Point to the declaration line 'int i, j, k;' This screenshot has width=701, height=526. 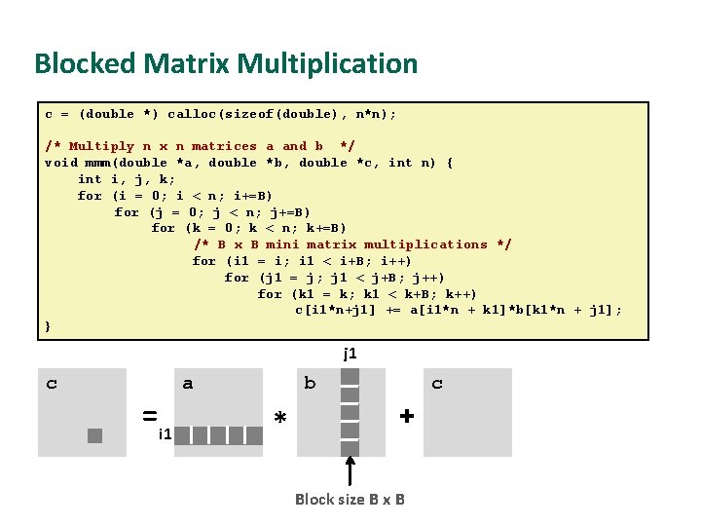click(127, 179)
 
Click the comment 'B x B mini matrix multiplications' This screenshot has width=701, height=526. click(352, 244)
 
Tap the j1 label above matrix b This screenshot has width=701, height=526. click(350, 354)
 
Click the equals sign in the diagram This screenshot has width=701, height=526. click(150, 416)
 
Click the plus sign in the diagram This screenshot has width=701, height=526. click(407, 416)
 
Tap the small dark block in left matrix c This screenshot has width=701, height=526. click(94, 435)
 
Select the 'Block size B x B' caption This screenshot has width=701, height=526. click(350, 500)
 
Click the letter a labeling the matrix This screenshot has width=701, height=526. click(188, 384)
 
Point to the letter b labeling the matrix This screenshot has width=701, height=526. click(310, 384)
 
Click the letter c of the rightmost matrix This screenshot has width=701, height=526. click(437, 384)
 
